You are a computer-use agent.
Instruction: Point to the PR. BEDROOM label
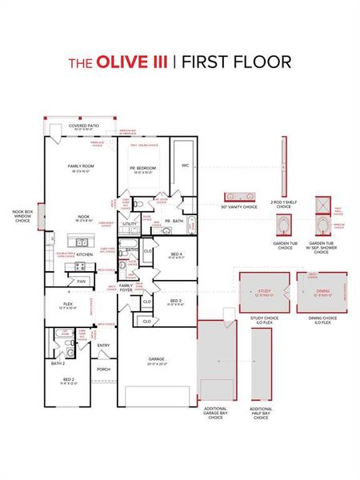pyautogui.click(x=143, y=168)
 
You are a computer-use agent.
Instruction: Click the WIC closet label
pyautogui.click(x=185, y=166)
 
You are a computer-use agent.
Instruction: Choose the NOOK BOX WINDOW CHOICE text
pyautogui.click(x=22, y=215)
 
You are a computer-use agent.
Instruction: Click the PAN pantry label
pyautogui.click(x=82, y=281)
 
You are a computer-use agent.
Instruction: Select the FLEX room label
pyautogui.click(x=69, y=305)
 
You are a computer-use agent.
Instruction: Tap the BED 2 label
pyautogui.click(x=69, y=379)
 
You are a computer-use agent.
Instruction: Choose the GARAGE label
pyautogui.click(x=158, y=359)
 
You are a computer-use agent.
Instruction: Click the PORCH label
pyautogui.click(x=103, y=370)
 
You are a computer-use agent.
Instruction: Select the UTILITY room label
pyautogui.click(x=128, y=225)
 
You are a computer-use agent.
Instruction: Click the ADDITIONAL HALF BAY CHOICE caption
pyautogui.click(x=261, y=413)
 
